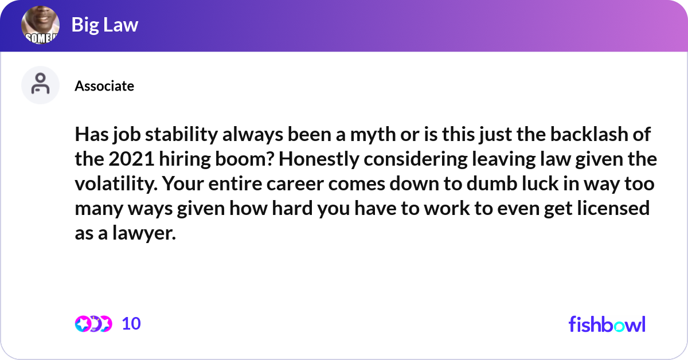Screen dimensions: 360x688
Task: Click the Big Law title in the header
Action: [x=105, y=25]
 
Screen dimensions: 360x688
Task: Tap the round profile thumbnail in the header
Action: [x=41, y=25]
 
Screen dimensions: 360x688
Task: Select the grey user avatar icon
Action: [x=40, y=85]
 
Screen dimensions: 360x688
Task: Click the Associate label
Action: [x=104, y=86]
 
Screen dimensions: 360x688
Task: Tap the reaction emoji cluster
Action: [x=93, y=324]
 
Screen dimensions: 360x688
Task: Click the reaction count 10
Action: [x=131, y=324]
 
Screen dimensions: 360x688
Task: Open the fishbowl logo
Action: [x=607, y=324]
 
